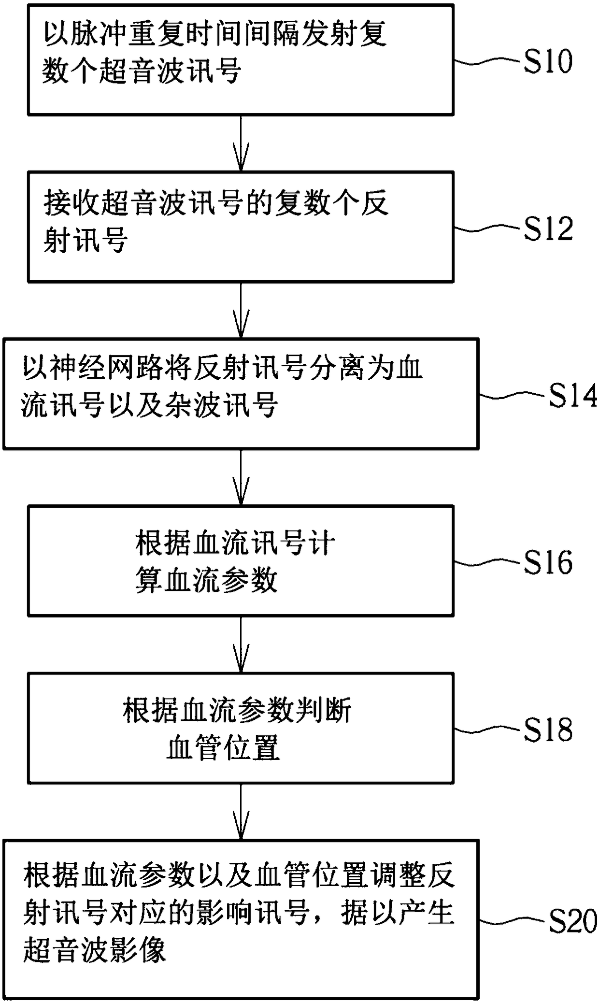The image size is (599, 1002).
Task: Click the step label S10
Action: tap(548, 61)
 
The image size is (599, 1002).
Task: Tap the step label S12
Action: tap(549, 229)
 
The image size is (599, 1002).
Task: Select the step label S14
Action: tap(573, 396)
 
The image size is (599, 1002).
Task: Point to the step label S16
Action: tap(548, 563)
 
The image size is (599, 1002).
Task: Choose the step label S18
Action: tap(548, 730)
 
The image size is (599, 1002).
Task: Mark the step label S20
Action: tap(573, 921)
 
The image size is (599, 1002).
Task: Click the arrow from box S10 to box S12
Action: tap(241, 143)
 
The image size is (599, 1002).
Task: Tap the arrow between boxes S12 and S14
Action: tap(241, 310)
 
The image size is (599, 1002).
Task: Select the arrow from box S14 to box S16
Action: tap(241, 477)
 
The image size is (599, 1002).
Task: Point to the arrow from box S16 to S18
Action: tap(241, 644)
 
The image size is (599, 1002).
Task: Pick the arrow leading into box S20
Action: tap(241, 812)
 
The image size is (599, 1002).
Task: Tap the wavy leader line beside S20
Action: tap(513, 920)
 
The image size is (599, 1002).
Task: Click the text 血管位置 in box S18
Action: tap(223, 748)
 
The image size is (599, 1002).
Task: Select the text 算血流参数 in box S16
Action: tap(206, 580)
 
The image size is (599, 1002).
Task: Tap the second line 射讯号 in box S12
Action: tap(86, 240)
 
